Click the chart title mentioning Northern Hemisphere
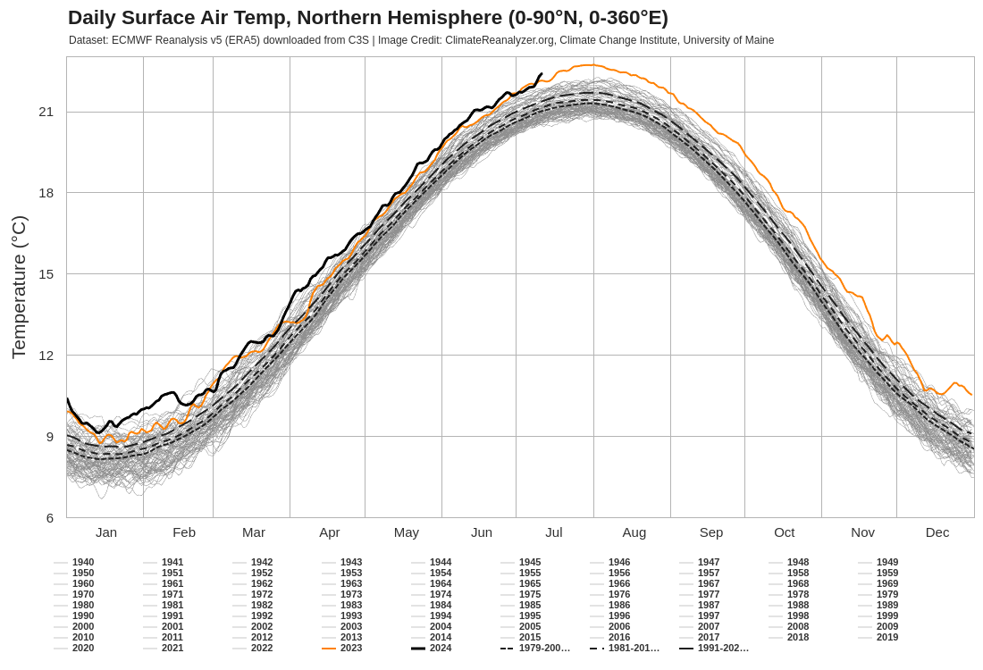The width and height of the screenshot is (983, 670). (x=368, y=18)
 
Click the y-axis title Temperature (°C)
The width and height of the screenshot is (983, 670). (x=19, y=287)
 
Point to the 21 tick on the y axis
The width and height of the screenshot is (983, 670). (x=46, y=112)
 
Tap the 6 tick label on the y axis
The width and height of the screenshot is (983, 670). (x=49, y=518)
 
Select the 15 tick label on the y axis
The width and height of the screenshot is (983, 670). (x=46, y=274)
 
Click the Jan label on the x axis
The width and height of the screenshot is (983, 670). (x=106, y=532)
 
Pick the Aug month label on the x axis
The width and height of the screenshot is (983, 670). (x=634, y=532)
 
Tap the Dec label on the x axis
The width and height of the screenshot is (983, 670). (x=937, y=532)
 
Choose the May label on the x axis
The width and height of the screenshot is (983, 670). (x=407, y=532)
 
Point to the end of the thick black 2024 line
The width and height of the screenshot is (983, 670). (x=542, y=73)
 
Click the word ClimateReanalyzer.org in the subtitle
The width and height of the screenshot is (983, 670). (x=500, y=40)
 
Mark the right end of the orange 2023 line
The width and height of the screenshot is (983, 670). (x=971, y=394)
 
